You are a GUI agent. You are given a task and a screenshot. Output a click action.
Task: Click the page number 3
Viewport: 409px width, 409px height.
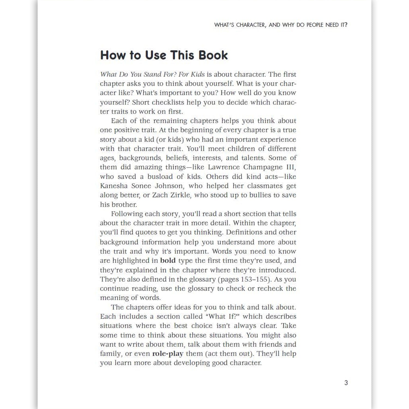[346, 383]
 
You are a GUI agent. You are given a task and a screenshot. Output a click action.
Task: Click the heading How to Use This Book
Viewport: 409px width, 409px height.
[164, 55]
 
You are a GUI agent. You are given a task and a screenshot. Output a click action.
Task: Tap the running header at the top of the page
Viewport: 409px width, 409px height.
[281, 25]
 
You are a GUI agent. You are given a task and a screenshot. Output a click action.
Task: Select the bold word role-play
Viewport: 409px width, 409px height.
[168, 354]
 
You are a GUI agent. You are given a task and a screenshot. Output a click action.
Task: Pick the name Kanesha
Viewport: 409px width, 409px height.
[114, 186]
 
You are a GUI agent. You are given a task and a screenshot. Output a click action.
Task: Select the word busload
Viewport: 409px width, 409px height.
[160, 176]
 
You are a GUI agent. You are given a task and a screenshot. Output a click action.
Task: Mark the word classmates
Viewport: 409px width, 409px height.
[261, 186]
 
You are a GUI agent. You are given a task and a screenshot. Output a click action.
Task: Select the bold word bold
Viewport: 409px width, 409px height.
[168, 260]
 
